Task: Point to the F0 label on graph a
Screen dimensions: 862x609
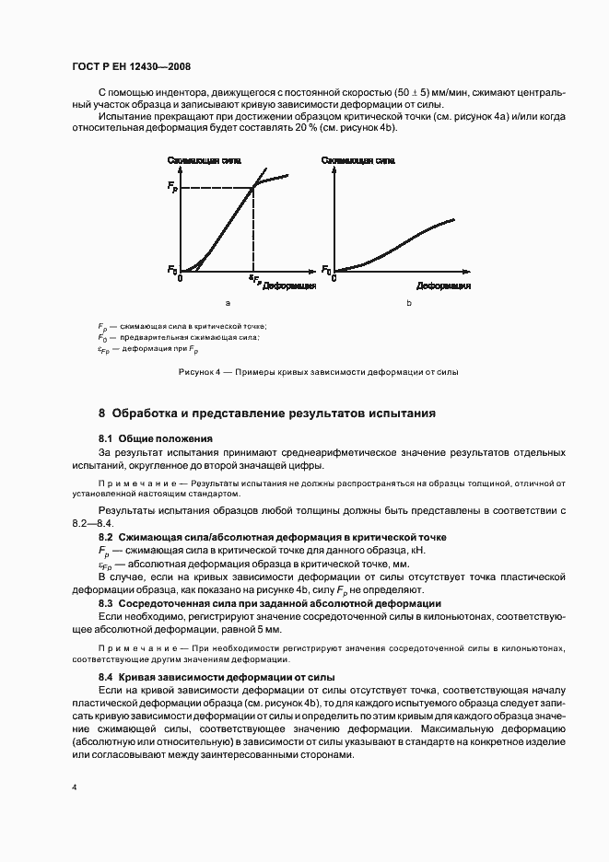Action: [x=171, y=270]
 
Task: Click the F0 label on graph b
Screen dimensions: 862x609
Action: [x=326, y=270]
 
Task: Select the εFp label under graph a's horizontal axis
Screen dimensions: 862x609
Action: [x=255, y=278]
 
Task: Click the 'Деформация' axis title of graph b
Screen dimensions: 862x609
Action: [x=443, y=286]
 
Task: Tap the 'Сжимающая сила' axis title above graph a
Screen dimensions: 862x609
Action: [x=205, y=160]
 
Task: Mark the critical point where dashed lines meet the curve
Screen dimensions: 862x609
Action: [x=254, y=189]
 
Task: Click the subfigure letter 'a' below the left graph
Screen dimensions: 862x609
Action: [x=227, y=303]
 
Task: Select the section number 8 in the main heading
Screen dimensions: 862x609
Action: [x=102, y=413]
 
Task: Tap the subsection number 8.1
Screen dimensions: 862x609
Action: [x=105, y=438]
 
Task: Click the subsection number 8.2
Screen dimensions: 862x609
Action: [x=105, y=536]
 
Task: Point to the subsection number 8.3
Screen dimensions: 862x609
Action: [x=105, y=603]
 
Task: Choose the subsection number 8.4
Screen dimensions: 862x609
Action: [x=105, y=676]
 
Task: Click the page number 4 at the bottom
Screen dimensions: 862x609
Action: [x=75, y=788]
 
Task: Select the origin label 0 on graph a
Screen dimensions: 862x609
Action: [x=182, y=277]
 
